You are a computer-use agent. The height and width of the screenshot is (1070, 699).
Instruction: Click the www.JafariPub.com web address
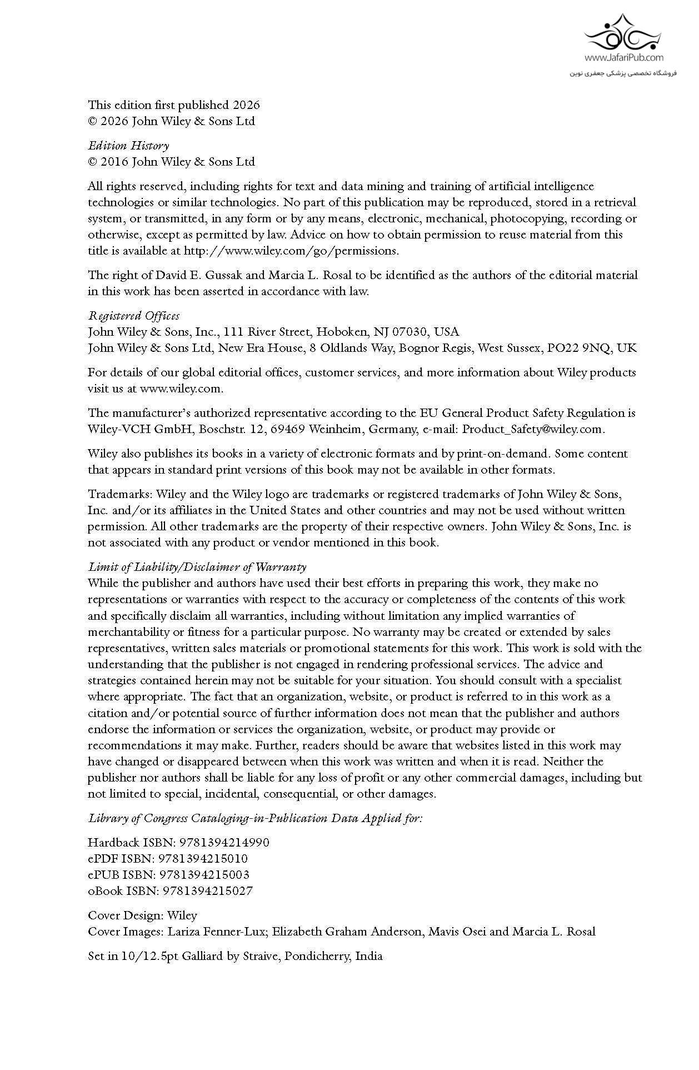coord(623,57)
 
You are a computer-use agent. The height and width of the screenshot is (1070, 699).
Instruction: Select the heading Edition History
coord(128,146)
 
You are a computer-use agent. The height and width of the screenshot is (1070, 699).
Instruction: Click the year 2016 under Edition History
coord(115,162)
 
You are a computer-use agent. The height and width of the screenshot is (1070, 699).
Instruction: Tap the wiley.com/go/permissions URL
coord(291,251)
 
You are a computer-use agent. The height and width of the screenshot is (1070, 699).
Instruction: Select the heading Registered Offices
coord(133,316)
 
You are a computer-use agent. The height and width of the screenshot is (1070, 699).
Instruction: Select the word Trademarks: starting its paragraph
coord(120,494)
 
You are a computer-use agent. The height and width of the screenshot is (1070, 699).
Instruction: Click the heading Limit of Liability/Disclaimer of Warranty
coord(197,567)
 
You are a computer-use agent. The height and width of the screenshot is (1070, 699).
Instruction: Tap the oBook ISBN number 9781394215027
coord(208,891)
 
